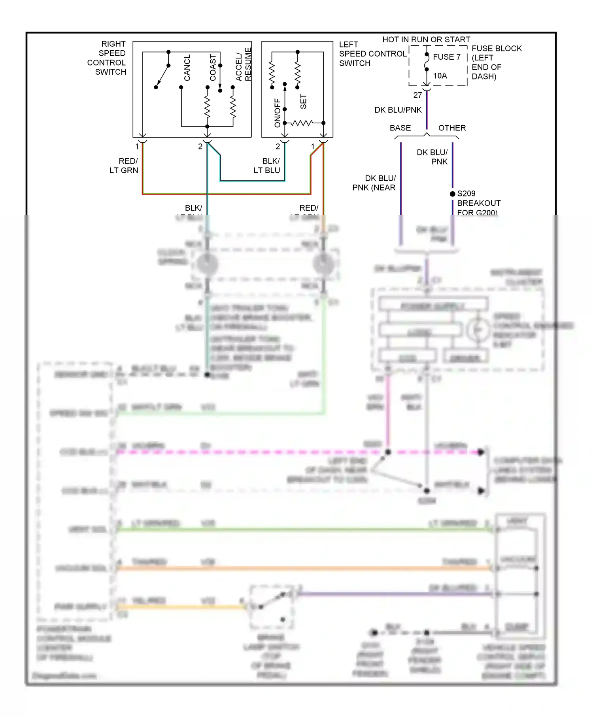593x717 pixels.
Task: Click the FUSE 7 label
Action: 446,57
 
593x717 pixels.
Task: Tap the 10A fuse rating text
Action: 440,76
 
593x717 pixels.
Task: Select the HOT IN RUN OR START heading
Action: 426,40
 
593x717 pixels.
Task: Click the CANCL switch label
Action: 187,68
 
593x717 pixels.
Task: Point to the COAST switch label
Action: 213,68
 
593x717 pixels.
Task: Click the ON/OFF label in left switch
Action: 277,113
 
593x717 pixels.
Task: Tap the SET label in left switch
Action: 303,102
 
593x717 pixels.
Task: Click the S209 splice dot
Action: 453,194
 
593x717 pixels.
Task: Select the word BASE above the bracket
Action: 400,128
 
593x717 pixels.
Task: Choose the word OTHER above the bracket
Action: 452,128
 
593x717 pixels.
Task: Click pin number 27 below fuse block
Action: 417,95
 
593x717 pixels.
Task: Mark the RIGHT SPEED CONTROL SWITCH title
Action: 107,58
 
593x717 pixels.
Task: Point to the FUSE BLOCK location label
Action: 496,62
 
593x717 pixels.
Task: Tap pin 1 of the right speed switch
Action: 137,147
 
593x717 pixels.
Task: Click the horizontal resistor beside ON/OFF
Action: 302,123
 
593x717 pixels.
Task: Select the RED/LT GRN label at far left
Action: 124,166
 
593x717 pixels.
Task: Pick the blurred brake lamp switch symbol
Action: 272,605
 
